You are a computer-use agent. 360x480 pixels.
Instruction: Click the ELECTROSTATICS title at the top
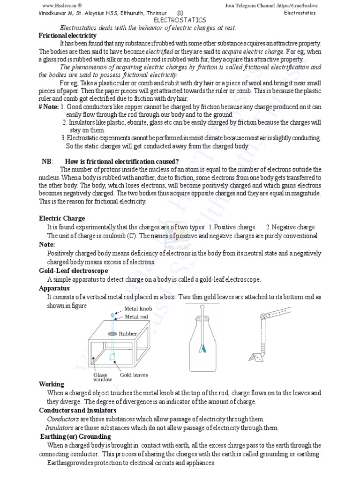point(180,21)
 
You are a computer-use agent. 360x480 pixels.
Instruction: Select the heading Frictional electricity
point(67,36)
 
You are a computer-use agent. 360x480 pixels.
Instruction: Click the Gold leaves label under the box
point(134,375)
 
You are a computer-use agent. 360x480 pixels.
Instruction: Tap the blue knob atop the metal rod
point(112,315)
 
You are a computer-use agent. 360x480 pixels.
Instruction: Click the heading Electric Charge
point(62,218)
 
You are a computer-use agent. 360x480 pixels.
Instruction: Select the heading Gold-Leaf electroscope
point(73,271)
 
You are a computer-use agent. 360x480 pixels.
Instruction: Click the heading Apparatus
point(54,288)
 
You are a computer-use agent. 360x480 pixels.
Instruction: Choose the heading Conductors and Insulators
point(77,410)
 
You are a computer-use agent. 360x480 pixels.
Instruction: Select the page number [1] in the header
point(180,13)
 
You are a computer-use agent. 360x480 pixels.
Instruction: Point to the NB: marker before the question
point(47,162)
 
